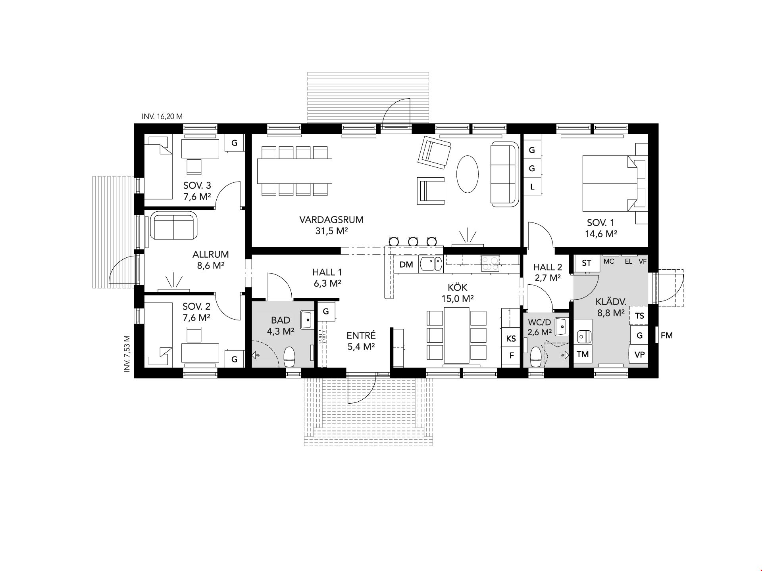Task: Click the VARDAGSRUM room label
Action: click(x=331, y=220)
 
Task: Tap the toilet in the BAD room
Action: click(x=289, y=356)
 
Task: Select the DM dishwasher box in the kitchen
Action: click(x=406, y=264)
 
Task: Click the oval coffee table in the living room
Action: click(x=467, y=174)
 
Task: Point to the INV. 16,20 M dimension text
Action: click(x=162, y=117)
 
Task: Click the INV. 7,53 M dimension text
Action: click(x=127, y=354)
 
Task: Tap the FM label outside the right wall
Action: click(x=667, y=335)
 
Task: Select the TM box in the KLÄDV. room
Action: click(x=583, y=354)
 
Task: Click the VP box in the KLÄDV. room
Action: click(x=639, y=354)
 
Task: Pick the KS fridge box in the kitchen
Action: click(x=511, y=338)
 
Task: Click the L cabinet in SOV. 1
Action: click(x=532, y=187)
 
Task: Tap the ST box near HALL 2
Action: click(x=587, y=263)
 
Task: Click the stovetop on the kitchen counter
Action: click(x=490, y=264)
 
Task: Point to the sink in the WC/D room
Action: click(x=560, y=327)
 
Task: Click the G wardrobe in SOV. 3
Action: click(x=234, y=143)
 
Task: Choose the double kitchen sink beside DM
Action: click(x=431, y=264)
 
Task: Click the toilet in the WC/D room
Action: click(x=535, y=357)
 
